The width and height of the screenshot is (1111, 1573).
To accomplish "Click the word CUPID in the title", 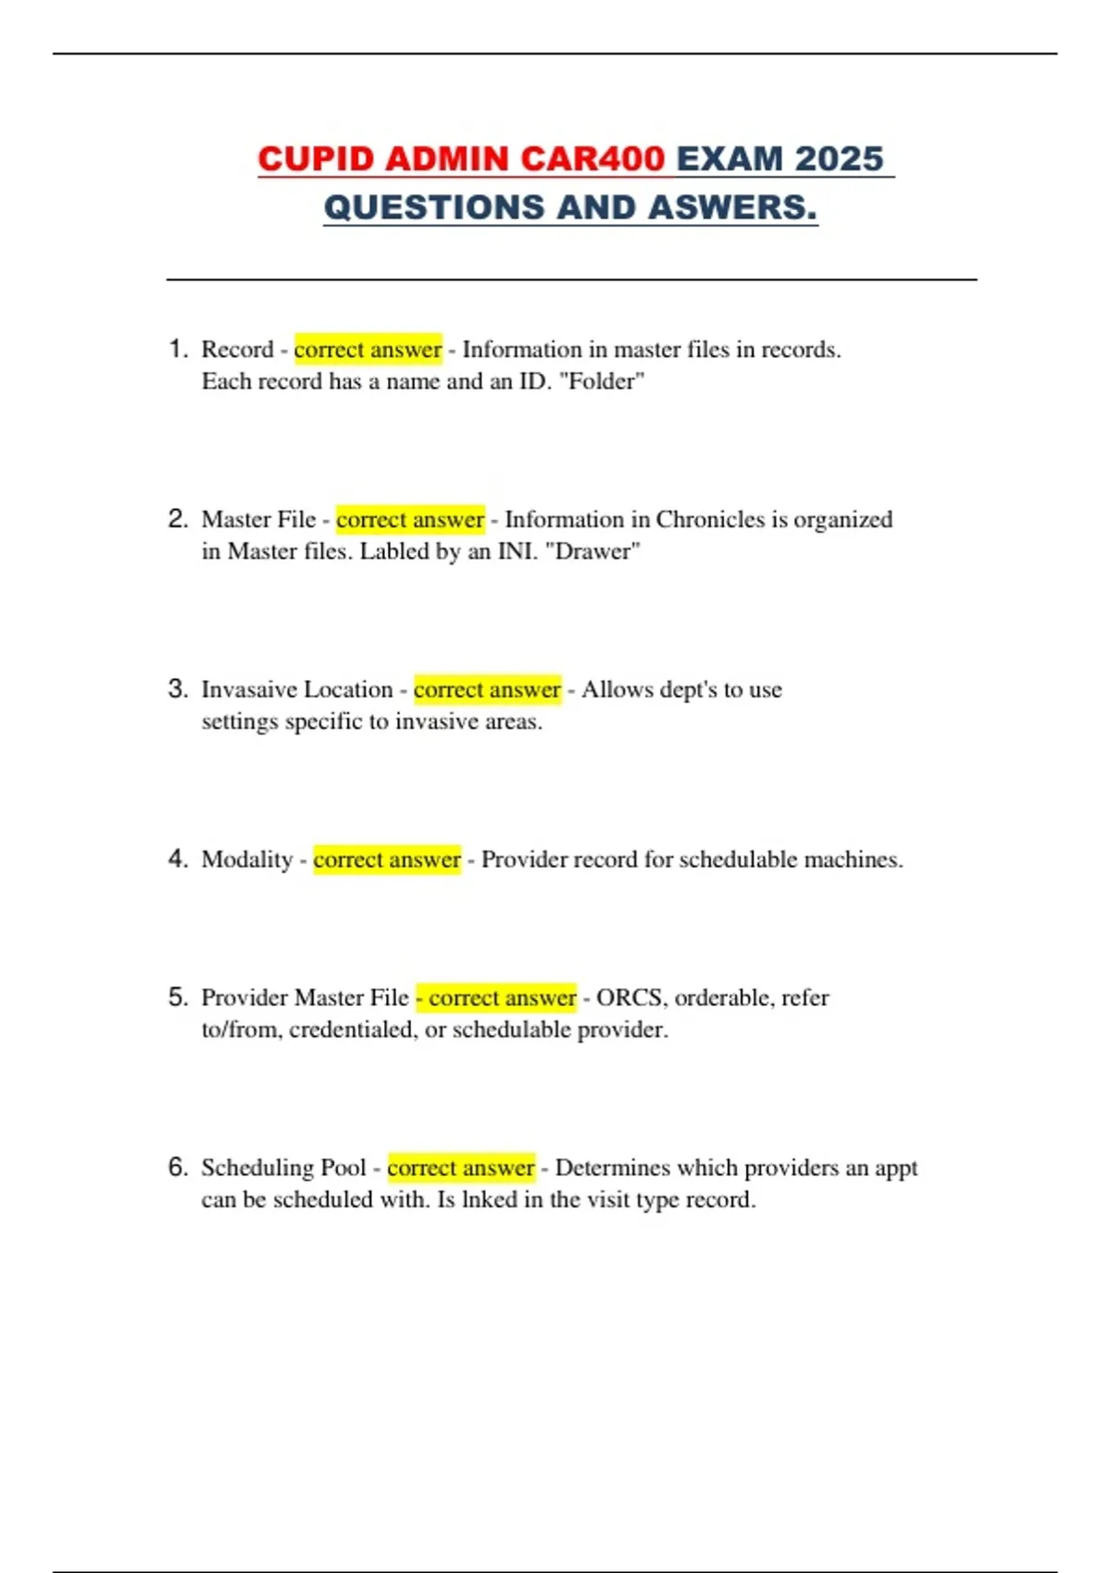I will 316,159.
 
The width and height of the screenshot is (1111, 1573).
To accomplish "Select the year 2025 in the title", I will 839,159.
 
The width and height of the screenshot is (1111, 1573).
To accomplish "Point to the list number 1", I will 178,349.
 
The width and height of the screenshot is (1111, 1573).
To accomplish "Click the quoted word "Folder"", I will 602,381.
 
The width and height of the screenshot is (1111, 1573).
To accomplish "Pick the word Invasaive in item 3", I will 248,689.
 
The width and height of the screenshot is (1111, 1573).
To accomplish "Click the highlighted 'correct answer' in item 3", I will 487,689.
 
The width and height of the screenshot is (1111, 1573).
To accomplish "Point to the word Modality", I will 247,860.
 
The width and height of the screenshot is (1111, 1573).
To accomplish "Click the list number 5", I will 178,997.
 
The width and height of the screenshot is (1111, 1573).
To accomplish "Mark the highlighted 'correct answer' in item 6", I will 461,1168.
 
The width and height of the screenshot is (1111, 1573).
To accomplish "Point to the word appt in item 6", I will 895,1169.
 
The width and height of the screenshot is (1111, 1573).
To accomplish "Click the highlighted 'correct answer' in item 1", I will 368,350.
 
